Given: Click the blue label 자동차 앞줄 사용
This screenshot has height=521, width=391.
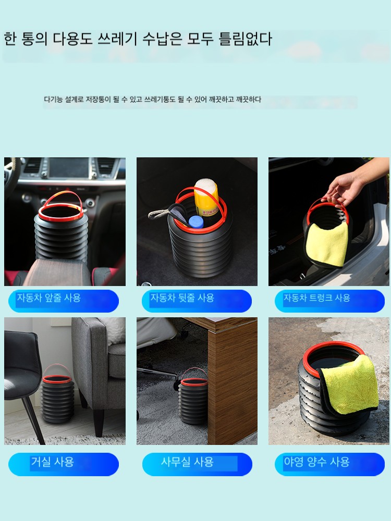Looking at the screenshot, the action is (x=64, y=301).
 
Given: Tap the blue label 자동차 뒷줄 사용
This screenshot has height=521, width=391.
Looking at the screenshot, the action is (x=197, y=301).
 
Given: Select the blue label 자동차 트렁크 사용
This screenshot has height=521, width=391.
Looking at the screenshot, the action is (x=329, y=301).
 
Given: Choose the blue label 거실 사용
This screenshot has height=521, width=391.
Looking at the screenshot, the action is (x=64, y=464).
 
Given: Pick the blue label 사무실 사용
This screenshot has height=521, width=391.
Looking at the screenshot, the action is (x=197, y=464).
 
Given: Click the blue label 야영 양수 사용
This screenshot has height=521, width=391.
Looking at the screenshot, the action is (x=329, y=464).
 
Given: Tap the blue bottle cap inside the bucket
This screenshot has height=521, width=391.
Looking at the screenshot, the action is (x=196, y=221).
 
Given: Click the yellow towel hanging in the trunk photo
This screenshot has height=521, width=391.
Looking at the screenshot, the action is (x=327, y=244).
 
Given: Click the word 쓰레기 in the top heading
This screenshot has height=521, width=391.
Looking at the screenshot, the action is (x=117, y=39).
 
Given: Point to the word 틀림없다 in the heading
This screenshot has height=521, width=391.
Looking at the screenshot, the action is (x=246, y=39).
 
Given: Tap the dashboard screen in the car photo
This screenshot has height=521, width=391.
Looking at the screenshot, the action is (x=69, y=168).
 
